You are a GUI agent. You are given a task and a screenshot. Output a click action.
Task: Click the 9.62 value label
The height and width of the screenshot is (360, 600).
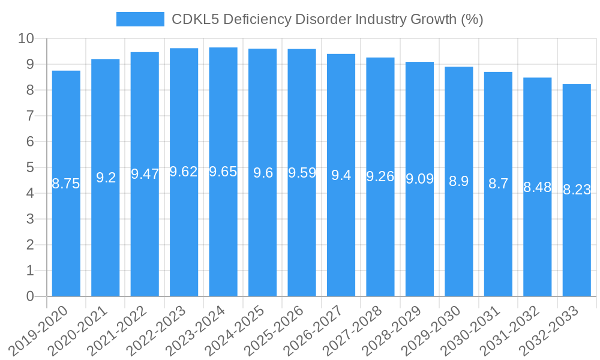coord(184,172)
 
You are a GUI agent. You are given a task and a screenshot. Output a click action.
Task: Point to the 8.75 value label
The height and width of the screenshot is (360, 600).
coord(66,184)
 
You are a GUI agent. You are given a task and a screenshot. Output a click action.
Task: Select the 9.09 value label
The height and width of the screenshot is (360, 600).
coord(419,179)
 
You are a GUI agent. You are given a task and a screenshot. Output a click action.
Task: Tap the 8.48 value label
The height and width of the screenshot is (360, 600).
coord(537,187)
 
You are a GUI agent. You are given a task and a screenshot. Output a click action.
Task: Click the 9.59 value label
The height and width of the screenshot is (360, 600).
coord(302,173)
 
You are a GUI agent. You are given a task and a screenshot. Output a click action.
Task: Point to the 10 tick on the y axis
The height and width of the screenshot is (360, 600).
coord(26,39)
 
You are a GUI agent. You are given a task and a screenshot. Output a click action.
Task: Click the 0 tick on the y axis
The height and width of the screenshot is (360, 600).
coord(30,296)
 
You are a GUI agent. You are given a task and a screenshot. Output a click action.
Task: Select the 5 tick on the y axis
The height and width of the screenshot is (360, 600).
coord(30,168)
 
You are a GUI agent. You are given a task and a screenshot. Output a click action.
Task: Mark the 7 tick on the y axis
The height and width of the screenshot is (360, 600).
coord(30,116)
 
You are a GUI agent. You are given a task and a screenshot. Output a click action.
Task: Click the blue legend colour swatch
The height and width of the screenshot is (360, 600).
coord(140,19)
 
